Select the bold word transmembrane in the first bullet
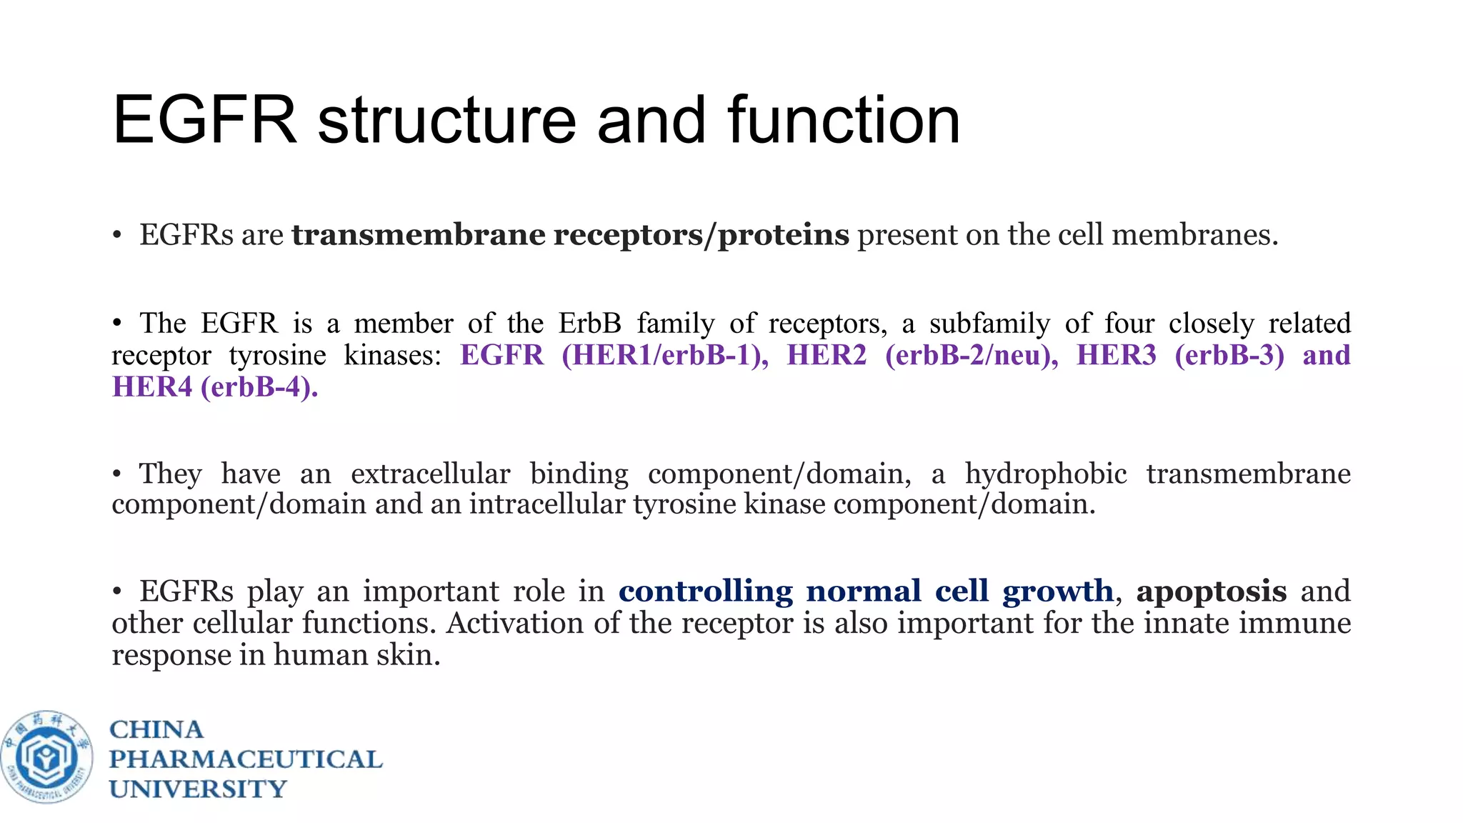click(418, 234)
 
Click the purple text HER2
click(827, 355)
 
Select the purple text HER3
click(1116, 355)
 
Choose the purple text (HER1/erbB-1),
click(665, 355)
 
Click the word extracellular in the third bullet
click(430, 474)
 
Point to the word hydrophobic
click(1046, 474)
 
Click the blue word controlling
click(705, 592)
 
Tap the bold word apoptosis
click(1211, 592)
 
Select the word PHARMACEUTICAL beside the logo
click(246, 759)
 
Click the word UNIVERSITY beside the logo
click(198, 789)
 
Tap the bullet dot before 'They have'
click(117, 474)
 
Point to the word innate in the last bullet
click(1187, 623)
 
